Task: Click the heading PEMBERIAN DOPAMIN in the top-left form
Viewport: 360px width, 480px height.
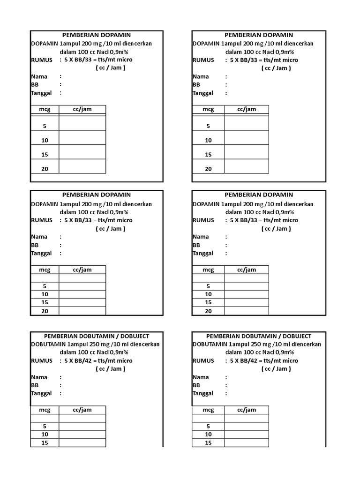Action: coord(97,35)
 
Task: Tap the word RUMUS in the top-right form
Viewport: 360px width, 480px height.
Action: coord(203,60)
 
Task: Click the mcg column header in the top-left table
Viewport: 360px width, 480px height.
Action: coord(45,109)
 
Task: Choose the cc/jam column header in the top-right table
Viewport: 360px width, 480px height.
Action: coord(247,109)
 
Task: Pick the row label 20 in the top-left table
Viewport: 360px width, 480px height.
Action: coord(45,169)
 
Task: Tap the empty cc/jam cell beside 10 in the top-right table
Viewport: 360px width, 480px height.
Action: coord(247,140)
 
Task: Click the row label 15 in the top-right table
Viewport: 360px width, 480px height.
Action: coord(208,154)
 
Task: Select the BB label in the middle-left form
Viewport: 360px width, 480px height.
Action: coord(35,245)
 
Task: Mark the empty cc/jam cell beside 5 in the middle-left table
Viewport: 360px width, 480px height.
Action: coord(82,286)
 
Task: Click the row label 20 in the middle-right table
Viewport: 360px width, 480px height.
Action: coord(208,311)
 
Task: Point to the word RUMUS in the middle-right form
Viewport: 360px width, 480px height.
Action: coord(203,220)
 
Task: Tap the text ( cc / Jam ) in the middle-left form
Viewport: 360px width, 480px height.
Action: coord(111,229)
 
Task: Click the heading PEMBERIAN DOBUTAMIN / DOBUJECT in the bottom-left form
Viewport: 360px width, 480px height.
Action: coord(97,336)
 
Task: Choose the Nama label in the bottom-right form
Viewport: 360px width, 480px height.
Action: coord(201,377)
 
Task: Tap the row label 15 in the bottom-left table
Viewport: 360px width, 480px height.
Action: coord(45,442)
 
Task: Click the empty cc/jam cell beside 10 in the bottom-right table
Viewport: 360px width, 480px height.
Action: coord(247,435)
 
